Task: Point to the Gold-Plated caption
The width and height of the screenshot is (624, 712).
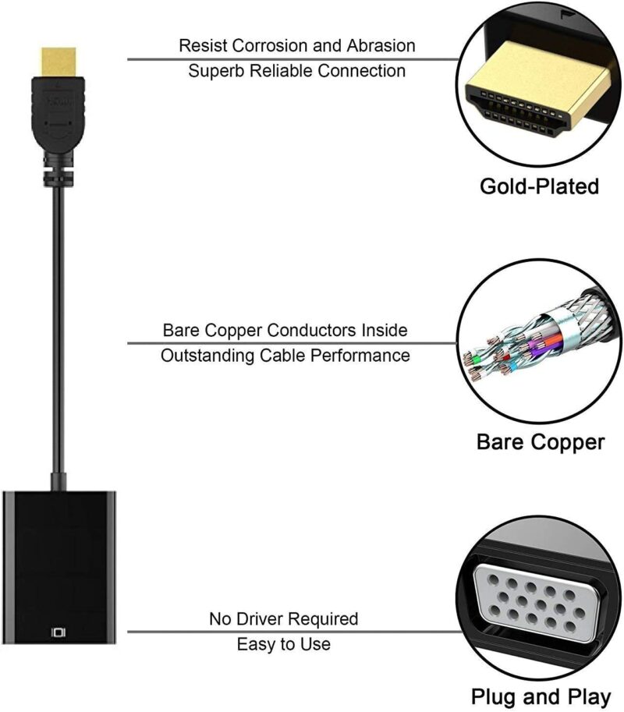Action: [x=539, y=186]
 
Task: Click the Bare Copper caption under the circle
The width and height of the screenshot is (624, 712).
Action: [x=540, y=442]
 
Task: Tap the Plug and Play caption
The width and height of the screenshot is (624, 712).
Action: [x=539, y=696]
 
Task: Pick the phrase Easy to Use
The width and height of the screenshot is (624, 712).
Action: [x=283, y=644]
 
